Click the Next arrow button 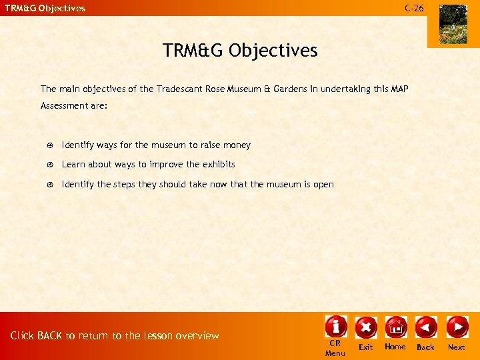coord(457,327)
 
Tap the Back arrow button coord(425,327)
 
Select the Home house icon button coord(395,327)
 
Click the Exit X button coord(366,327)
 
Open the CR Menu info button coord(335,327)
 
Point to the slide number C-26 coord(413,8)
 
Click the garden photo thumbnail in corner coord(453,24)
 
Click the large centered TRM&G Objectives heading coord(240,50)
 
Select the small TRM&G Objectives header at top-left coord(45,8)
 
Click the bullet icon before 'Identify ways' coord(49,145)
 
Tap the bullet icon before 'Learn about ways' coord(49,165)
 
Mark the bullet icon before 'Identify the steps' coord(49,185)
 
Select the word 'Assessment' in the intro coord(62,106)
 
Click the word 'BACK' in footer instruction coord(50,335)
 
